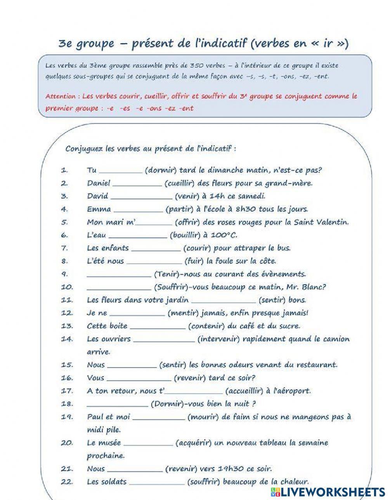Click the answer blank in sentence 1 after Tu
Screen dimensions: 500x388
pos(121,171)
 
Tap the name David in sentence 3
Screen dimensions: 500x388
pos(97,196)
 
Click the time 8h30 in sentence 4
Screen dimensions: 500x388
pos(244,209)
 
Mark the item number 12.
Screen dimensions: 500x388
pos(67,313)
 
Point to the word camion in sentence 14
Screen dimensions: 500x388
pos(336,339)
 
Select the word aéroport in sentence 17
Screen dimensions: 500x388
pos(293,391)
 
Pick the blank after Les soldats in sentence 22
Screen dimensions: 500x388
pos(157,483)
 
